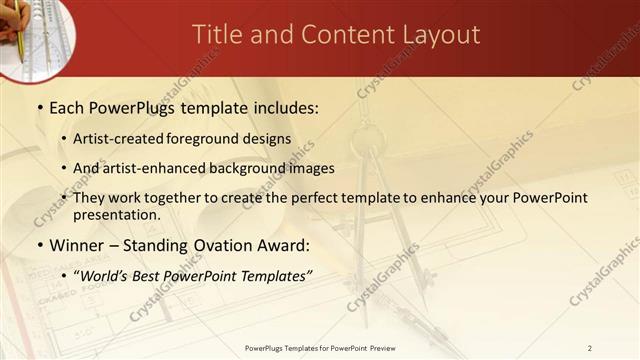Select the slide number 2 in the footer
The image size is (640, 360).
pyautogui.click(x=590, y=348)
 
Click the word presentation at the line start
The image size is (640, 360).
pyautogui.click(x=115, y=214)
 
